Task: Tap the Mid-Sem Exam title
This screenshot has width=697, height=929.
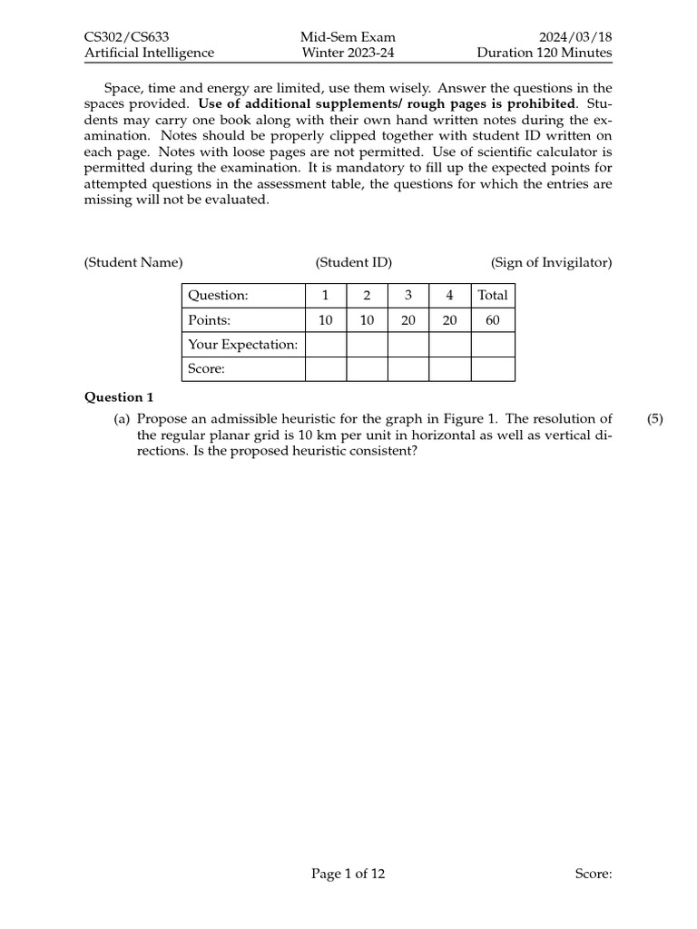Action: [x=348, y=37]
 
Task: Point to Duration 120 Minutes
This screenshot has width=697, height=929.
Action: [x=545, y=53]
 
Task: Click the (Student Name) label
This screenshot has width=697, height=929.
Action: [x=133, y=262]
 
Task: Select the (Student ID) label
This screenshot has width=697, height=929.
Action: [x=354, y=262]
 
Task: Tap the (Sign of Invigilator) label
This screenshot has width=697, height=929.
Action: [x=552, y=262]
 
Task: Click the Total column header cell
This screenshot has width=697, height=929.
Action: [x=493, y=296]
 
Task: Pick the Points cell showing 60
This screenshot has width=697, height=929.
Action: [x=493, y=320]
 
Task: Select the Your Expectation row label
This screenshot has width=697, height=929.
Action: [x=242, y=345]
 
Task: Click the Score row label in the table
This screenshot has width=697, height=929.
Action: [x=205, y=369]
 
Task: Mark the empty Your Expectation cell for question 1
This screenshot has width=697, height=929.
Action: [x=326, y=345]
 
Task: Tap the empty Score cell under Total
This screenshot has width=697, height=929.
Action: [x=493, y=369]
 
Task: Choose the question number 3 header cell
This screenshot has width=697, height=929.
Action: [x=408, y=296]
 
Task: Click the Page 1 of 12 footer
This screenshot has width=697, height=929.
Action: [x=348, y=874]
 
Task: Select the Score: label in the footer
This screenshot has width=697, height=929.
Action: [x=594, y=874]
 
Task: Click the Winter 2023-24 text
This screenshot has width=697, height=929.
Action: [x=348, y=53]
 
